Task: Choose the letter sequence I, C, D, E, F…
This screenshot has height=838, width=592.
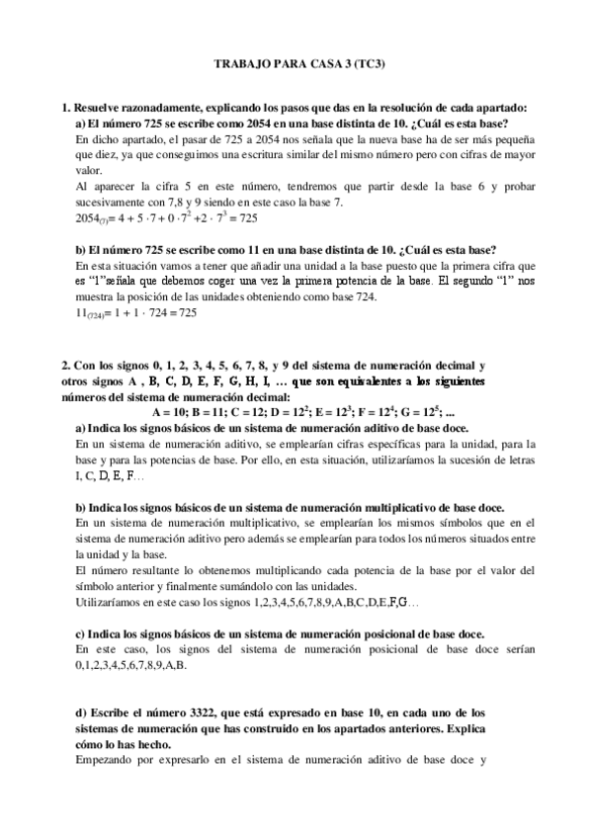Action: (110, 475)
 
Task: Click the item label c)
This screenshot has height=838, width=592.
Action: (81, 633)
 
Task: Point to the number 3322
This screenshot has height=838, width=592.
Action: (224, 712)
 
